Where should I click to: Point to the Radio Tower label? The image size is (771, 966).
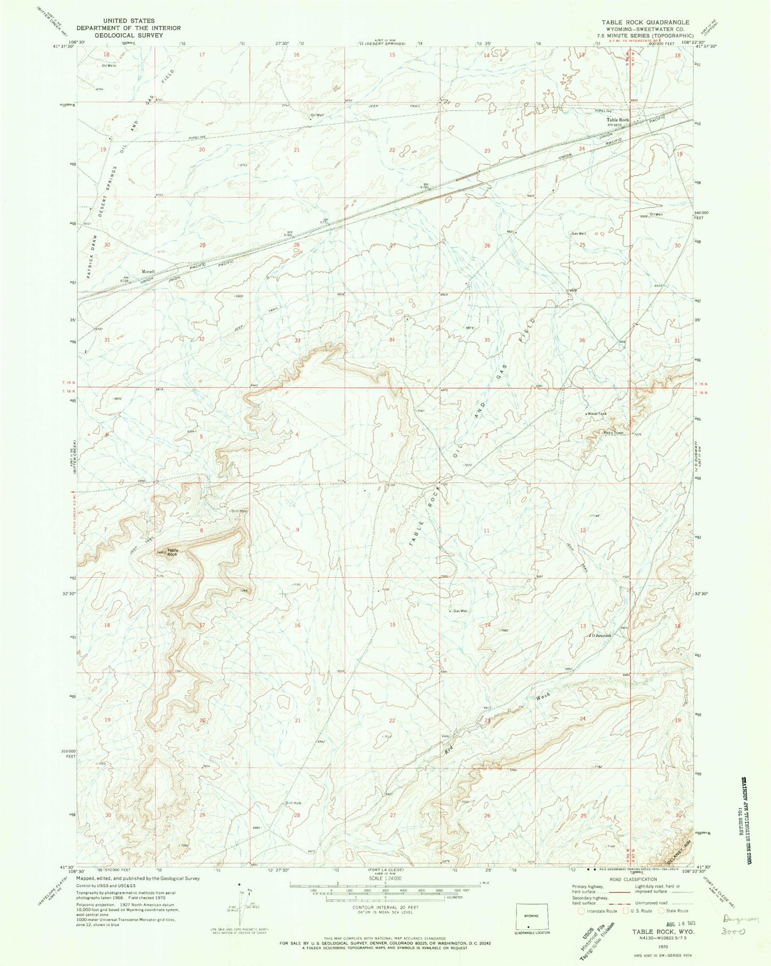[x=613, y=433]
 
